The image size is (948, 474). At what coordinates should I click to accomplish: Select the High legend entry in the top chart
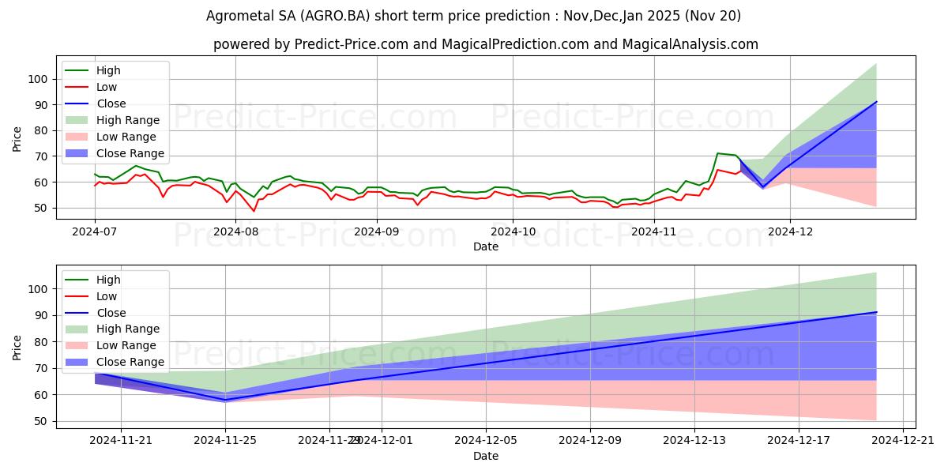(109, 70)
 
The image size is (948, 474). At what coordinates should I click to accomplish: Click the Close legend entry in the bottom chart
(111, 313)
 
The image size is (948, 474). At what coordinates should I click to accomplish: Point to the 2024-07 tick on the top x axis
(95, 231)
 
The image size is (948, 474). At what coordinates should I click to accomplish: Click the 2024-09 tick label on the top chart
(376, 231)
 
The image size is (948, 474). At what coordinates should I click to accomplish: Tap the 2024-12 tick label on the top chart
(789, 231)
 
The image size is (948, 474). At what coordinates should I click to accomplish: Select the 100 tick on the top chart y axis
(38, 79)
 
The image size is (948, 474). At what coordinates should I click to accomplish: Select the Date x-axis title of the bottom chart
(486, 456)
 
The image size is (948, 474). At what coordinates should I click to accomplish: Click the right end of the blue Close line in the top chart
(876, 102)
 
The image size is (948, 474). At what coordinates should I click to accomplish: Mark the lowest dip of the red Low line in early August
(254, 211)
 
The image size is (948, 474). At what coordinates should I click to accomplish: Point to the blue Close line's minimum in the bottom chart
(225, 400)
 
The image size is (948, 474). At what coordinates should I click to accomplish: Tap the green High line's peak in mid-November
(717, 153)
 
